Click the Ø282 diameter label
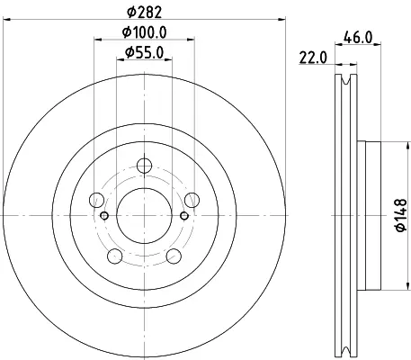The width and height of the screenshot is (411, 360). click(x=144, y=12)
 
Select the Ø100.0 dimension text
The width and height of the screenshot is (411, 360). click(x=144, y=32)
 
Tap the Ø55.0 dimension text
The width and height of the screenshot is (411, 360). click(x=144, y=53)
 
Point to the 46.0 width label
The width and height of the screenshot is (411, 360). click(x=358, y=38)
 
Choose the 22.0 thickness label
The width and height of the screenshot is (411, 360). click(x=313, y=58)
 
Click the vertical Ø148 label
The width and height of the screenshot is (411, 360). click(x=401, y=215)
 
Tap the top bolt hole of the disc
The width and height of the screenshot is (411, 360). click(x=144, y=166)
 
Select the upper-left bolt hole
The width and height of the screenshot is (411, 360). click(x=97, y=200)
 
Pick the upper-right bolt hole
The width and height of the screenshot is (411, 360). click(x=192, y=200)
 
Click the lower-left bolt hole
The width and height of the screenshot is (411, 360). click(x=115, y=256)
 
